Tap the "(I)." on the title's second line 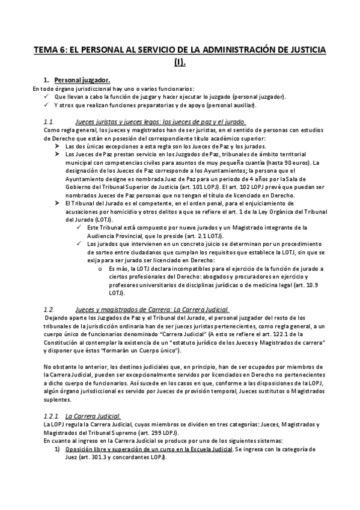click(x=180, y=61)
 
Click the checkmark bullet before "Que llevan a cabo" click(x=47, y=96)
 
